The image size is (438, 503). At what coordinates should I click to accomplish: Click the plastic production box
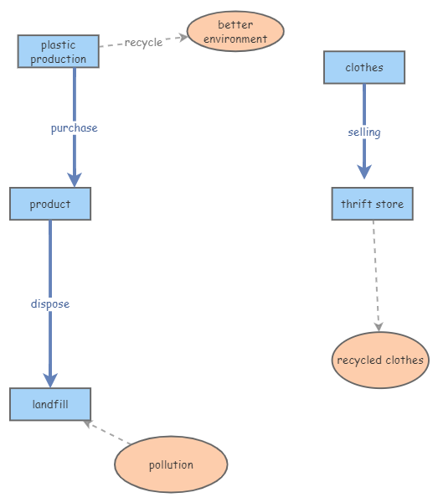point(59,51)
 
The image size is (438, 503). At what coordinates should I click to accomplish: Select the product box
point(50,204)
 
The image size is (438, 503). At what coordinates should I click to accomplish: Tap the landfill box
point(50,404)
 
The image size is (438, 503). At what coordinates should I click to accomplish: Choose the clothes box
point(364,68)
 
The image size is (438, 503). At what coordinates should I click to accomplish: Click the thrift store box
point(372,204)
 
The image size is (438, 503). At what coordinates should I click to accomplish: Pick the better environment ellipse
point(235,32)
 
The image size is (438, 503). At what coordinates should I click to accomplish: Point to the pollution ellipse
point(171,464)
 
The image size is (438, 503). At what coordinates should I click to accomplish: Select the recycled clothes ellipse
point(380,360)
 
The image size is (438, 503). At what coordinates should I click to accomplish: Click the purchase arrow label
point(74,128)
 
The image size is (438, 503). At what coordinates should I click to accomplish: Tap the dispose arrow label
point(50,303)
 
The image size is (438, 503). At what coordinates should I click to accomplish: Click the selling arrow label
point(364,132)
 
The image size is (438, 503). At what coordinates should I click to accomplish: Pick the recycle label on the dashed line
point(143,43)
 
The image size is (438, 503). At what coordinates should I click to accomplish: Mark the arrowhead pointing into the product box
point(75,179)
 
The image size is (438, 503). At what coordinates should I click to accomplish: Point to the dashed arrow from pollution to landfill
point(109,433)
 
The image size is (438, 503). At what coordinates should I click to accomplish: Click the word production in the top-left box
point(59,59)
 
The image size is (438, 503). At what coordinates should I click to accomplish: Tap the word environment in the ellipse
point(235,39)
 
